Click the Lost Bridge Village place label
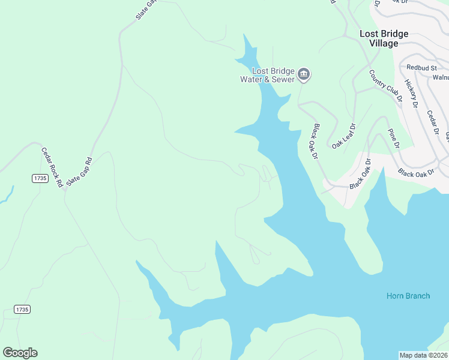point(384,38)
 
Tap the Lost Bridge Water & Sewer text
point(268,75)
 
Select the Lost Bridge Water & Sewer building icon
point(304,74)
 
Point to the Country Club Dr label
point(384,86)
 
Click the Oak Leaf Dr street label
point(344,136)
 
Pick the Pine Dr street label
point(393,138)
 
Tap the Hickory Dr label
point(411,93)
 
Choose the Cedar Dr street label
point(433,122)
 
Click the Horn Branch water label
point(408,296)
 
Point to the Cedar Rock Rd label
point(52,167)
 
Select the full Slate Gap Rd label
point(79,171)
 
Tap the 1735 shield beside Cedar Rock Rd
point(40,179)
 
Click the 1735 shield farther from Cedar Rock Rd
point(22,309)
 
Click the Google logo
point(20,353)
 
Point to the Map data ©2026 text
point(423,355)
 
